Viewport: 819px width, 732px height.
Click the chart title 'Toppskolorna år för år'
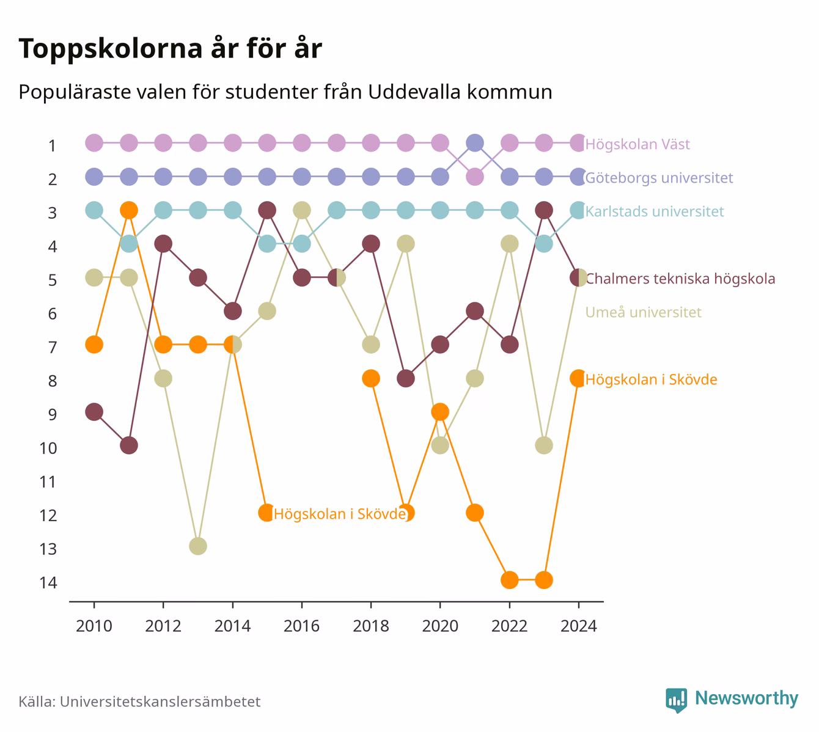[170, 48]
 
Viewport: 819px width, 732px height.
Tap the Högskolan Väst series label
[637, 144]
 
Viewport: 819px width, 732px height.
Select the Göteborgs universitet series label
[659, 178]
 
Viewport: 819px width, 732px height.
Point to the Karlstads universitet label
[655, 211]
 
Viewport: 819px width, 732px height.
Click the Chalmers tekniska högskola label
[680, 279]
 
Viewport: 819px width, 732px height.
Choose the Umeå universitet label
[643, 312]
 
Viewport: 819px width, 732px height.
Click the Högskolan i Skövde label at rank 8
[652, 379]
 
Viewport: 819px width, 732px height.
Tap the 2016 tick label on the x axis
[301, 626]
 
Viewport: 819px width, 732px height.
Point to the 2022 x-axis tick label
[509, 626]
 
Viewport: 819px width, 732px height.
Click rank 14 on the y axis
[48, 583]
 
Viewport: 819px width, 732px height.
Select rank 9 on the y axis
[53, 415]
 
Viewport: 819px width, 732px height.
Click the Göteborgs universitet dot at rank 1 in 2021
[475, 143]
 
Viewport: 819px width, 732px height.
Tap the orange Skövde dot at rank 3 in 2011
[129, 210]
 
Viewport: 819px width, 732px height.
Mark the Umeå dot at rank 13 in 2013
[198, 546]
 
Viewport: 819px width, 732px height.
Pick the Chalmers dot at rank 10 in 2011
[129, 445]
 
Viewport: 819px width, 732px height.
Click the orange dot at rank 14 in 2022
[509, 580]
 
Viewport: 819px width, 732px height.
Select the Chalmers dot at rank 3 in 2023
[544, 210]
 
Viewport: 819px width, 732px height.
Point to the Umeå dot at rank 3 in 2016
[301, 210]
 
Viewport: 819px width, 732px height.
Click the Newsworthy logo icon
[677, 700]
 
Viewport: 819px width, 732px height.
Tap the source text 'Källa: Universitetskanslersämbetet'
[139, 701]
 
